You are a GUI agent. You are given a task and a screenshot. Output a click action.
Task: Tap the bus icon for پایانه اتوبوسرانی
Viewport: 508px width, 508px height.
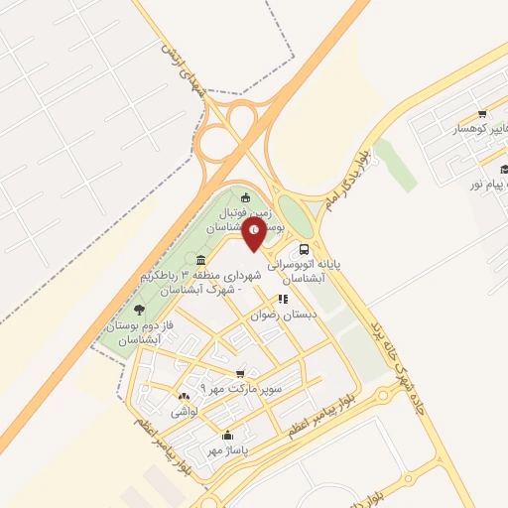tap(304, 250)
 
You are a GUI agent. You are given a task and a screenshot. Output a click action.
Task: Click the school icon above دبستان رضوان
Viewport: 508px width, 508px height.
tap(283, 298)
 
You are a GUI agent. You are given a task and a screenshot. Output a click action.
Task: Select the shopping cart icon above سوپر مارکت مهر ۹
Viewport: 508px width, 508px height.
tap(240, 374)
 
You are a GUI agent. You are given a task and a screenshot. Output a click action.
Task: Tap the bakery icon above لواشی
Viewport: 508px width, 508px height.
tap(184, 397)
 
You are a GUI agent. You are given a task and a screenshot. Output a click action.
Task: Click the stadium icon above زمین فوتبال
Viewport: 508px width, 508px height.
tap(245, 194)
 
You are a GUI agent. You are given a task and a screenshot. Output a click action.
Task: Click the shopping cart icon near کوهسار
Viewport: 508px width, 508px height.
tap(481, 114)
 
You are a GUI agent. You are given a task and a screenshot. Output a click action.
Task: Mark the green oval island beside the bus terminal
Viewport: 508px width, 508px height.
tap(295, 211)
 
